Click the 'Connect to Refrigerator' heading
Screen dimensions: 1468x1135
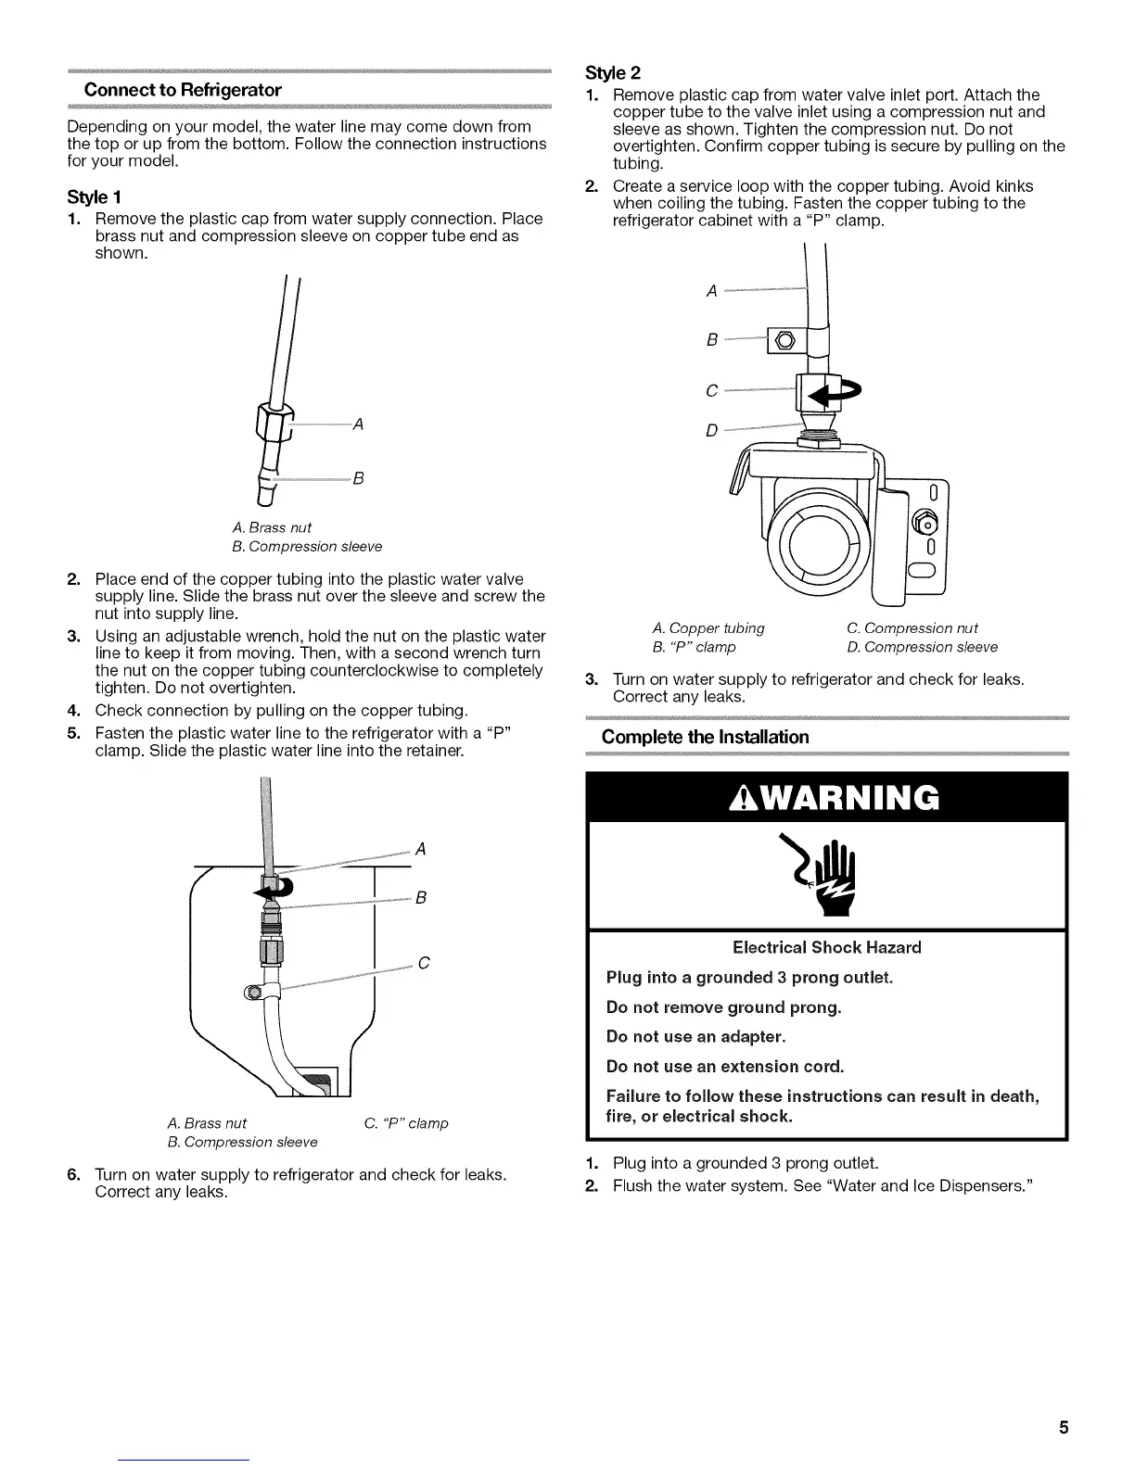click(183, 90)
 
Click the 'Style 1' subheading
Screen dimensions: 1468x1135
click(95, 197)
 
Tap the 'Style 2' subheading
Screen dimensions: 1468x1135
click(613, 73)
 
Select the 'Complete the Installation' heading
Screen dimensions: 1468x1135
click(705, 737)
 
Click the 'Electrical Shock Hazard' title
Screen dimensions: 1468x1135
click(827, 947)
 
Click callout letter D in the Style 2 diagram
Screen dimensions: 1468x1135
click(711, 430)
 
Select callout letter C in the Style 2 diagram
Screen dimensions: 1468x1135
click(711, 391)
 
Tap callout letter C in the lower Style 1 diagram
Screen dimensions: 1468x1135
click(423, 963)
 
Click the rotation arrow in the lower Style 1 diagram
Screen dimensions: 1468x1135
click(274, 890)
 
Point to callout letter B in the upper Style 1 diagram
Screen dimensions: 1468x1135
click(358, 478)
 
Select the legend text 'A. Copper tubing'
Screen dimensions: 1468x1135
click(708, 628)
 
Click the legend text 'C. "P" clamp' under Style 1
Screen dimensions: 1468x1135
click(406, 1123)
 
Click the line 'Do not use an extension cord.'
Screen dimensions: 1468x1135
click(725, 1066)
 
